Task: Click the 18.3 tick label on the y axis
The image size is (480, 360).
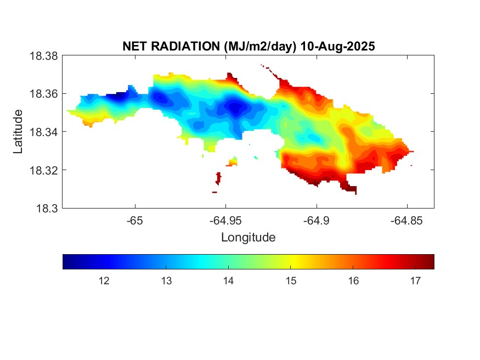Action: [46, 209]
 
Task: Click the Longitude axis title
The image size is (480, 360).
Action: [248, 238]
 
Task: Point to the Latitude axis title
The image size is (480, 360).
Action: [18, 132]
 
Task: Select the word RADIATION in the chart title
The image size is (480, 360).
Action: [186, 47]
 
